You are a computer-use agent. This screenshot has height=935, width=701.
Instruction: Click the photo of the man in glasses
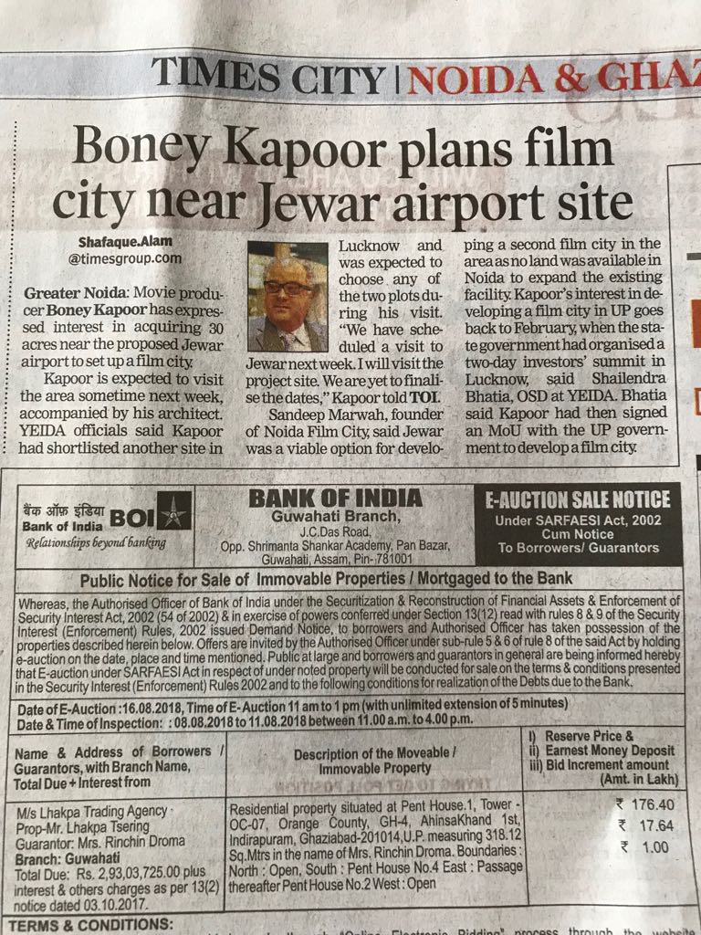288,296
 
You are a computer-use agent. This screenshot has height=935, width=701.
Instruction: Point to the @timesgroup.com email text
125,258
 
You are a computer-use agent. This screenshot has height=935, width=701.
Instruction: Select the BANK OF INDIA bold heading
335,498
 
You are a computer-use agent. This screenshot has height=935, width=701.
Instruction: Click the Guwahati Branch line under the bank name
335,518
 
